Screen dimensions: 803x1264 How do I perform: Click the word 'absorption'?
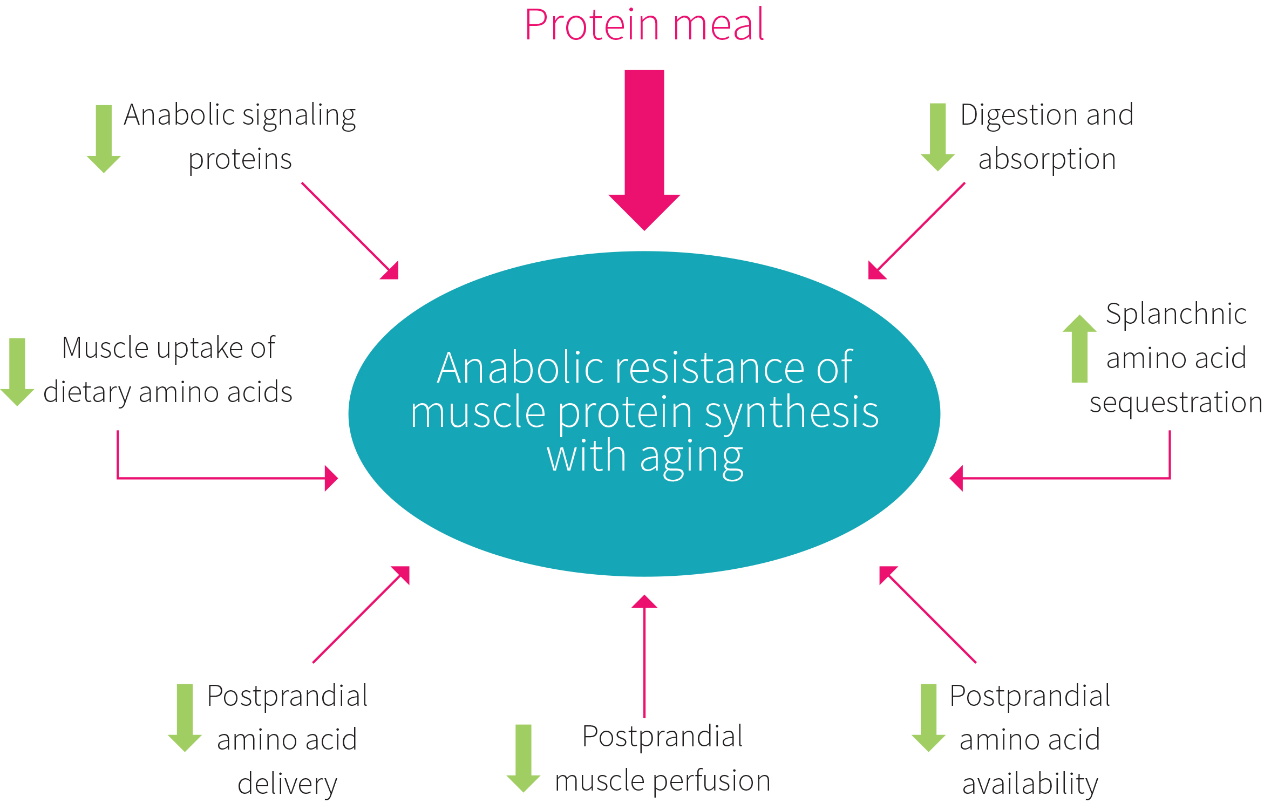(1047, 160)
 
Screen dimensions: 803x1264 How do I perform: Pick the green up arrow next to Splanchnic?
(1079, 349)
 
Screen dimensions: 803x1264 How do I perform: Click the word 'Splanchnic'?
(1176, 314)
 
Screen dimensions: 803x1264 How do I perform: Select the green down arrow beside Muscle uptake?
(17, 372)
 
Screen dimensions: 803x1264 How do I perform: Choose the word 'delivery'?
(287, 784)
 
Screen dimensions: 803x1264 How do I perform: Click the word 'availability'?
(1030, 784)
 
